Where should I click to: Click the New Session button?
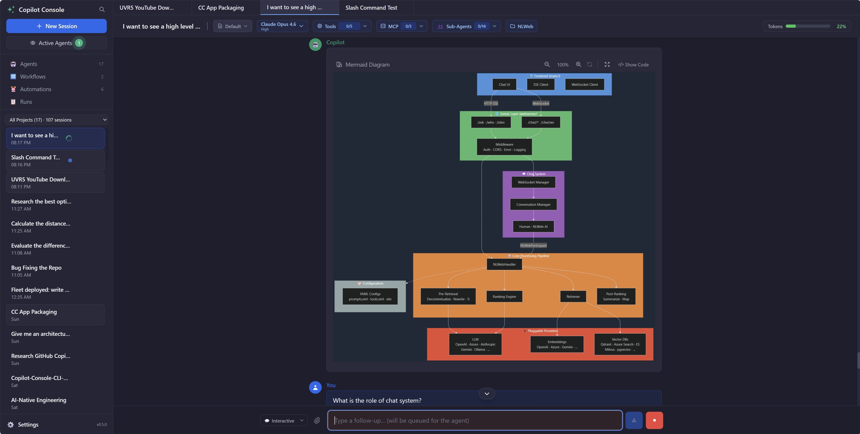point(56,26)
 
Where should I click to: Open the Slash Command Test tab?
point(371,8)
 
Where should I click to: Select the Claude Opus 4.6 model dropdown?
point(282,26)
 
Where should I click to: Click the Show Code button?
point(633,65)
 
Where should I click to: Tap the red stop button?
point(654,420)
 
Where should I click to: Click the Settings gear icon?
point(11,425)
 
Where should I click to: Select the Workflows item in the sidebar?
point(33,77)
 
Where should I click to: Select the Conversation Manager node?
point(533,205)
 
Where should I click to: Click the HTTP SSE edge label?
point(491,104)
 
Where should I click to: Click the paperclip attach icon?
point(317,420)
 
